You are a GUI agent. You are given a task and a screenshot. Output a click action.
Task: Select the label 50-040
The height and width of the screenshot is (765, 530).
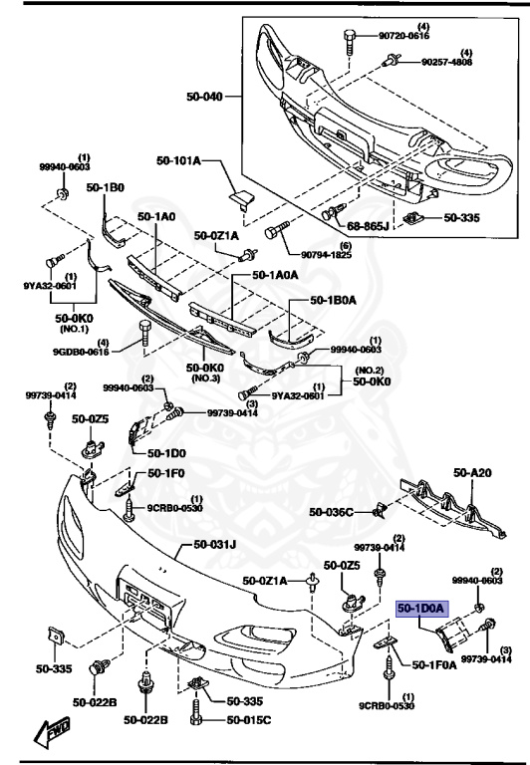coord(205,97)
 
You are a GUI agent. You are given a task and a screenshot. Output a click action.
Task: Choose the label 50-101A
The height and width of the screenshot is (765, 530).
coord(178,160)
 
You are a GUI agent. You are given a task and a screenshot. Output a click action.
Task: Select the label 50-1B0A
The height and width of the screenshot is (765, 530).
coord(335,298)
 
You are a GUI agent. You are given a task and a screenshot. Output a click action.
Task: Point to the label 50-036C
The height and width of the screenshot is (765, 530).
coord(331,512)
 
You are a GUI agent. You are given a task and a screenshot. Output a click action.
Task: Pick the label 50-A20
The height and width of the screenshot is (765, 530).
coord(474,473)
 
